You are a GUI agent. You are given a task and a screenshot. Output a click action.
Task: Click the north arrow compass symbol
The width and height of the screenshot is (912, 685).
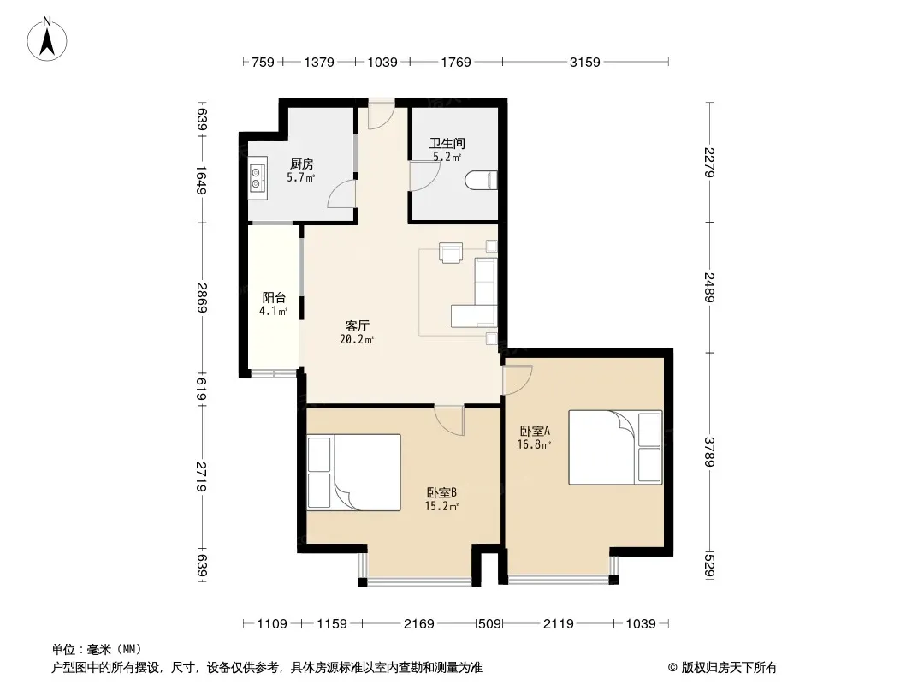coord(47,39)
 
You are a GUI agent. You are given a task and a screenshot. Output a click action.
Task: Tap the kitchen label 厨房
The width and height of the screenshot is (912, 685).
coord(302,164)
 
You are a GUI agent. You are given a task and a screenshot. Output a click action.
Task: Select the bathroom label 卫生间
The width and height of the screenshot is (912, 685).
coord(447,143)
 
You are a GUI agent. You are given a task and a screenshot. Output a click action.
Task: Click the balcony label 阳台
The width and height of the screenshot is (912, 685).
coord(274,297)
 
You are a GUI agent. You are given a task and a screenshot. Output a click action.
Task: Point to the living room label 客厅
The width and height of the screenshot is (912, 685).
coord(357,325)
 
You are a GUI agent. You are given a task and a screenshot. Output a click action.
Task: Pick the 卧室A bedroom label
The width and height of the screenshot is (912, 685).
coord(535,432)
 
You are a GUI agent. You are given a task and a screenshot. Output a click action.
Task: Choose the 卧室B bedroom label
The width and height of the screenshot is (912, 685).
coord(441,493)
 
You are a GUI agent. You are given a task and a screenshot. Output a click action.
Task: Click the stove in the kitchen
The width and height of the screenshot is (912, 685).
coord(257,177)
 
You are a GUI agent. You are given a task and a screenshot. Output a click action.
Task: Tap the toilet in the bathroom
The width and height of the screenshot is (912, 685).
coord(483,181)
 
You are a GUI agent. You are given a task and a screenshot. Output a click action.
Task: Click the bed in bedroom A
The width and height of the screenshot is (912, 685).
coord(615,448)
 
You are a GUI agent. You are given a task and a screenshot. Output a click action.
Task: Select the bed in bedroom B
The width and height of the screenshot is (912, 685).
coord(353,473)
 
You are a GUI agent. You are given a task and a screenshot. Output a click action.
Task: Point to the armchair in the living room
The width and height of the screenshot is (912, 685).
coord(451,253)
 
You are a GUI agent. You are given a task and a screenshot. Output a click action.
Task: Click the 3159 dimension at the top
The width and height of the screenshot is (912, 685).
coord(584,62)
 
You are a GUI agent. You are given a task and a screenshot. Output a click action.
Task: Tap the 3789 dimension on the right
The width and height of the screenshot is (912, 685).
coord(708,451)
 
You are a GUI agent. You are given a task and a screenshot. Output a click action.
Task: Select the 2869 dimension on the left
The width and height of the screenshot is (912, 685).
coord(202,297)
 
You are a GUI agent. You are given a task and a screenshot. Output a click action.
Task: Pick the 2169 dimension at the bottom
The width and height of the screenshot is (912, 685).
coord(418,624)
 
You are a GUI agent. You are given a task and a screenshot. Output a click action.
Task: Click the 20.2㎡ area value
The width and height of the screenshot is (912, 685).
coord(357,339)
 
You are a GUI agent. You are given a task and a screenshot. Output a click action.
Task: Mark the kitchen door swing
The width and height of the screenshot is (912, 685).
coord(341,194)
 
